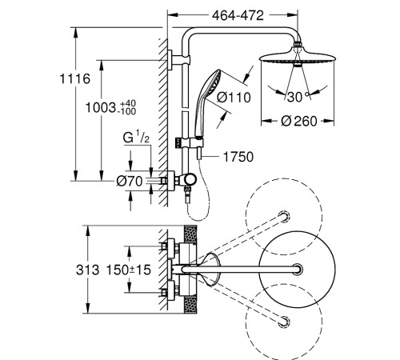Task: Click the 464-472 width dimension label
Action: [238, 15]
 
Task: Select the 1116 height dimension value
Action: [75, 79]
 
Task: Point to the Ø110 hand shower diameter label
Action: [234, 97]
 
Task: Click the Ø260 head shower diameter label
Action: [299, 121]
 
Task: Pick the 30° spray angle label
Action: [298, 97]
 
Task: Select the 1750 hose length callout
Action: [238, 157]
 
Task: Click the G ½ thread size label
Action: [136, 138]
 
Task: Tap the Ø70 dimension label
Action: [130, 182]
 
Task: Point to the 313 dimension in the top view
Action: [88, 270]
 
